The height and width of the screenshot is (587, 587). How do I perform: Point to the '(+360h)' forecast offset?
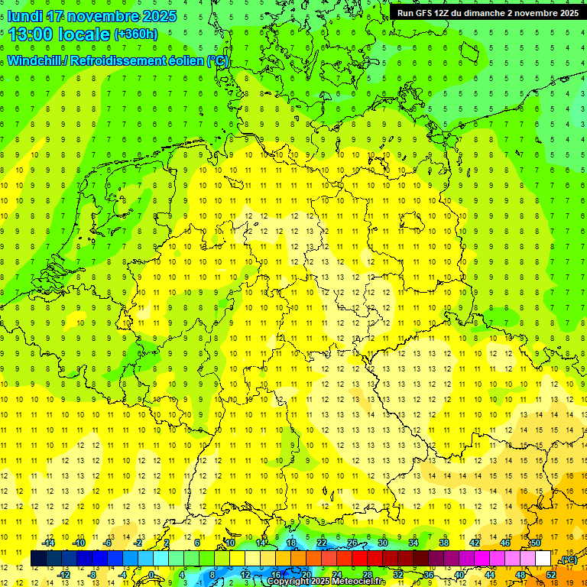[x=136, y=34]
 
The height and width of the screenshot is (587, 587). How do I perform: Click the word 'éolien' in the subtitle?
[x=182, y=61]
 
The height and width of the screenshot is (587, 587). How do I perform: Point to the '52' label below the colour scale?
[x=550, y=575]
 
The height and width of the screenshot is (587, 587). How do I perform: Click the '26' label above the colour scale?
[x=352, y=543]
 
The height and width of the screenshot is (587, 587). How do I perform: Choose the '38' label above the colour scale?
[x=443, y=543]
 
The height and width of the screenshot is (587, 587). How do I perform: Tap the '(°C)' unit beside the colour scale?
[x=568, y=560]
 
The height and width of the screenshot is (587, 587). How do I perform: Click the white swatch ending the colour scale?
[x=543, y=559]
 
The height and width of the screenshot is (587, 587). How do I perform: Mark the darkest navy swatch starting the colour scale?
[x=38, y=559]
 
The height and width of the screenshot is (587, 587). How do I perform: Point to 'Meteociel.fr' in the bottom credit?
[x=359, y=582]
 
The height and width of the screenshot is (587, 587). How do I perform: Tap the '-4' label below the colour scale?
[x=122, y=575]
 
